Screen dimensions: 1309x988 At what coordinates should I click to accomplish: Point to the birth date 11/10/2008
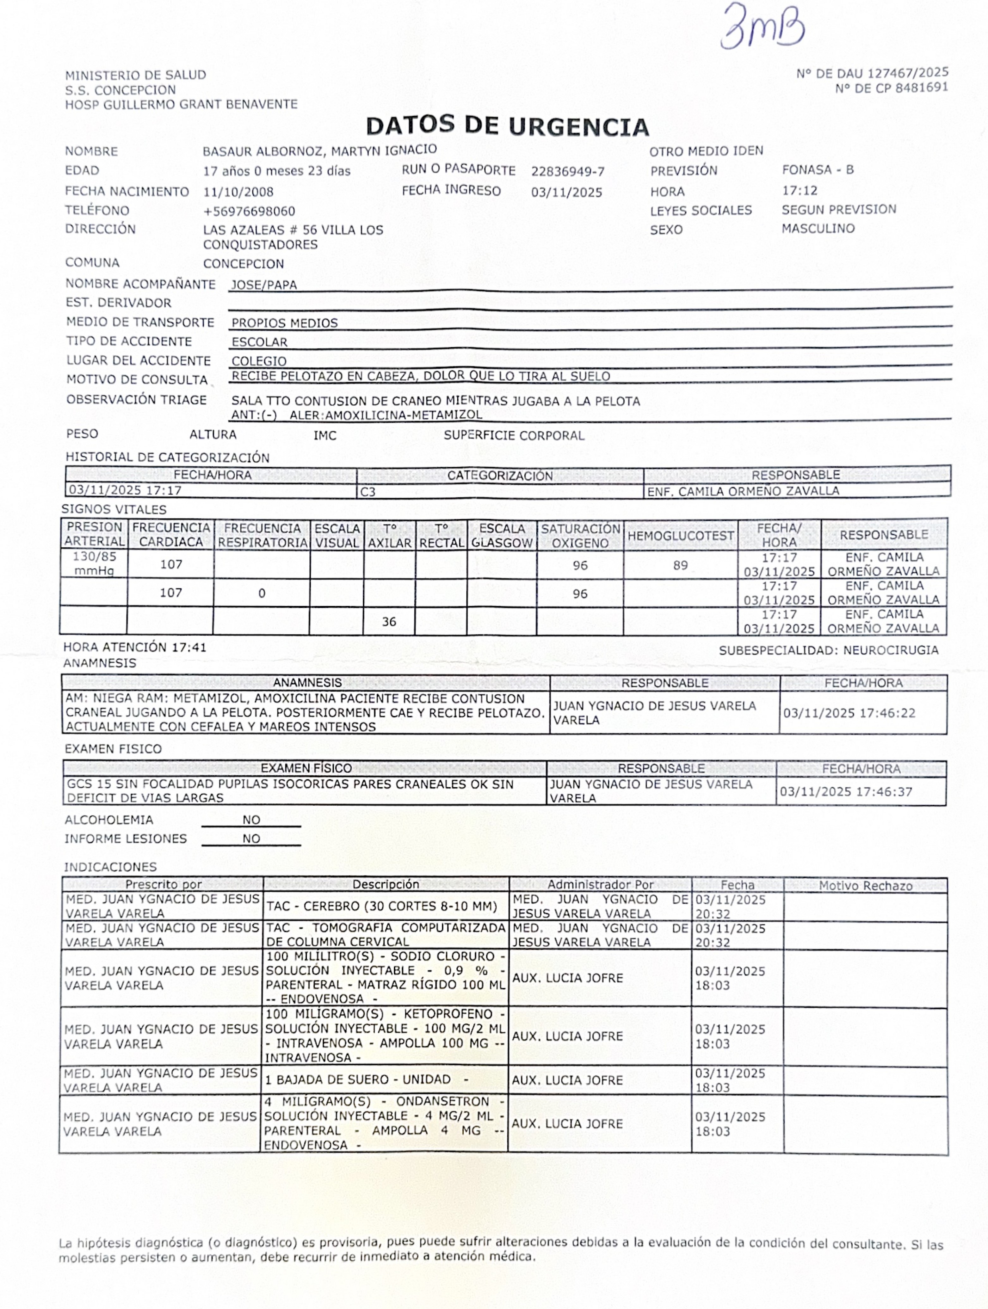tap(238, 192)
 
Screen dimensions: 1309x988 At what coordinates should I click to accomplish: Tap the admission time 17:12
tap(799, 191)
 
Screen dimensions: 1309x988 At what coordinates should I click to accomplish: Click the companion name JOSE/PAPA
tap(263, 285)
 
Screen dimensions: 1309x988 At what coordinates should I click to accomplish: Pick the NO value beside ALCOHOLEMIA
tap(251, 820)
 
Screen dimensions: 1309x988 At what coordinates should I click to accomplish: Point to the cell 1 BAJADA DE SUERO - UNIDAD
tap(367, 1079)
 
